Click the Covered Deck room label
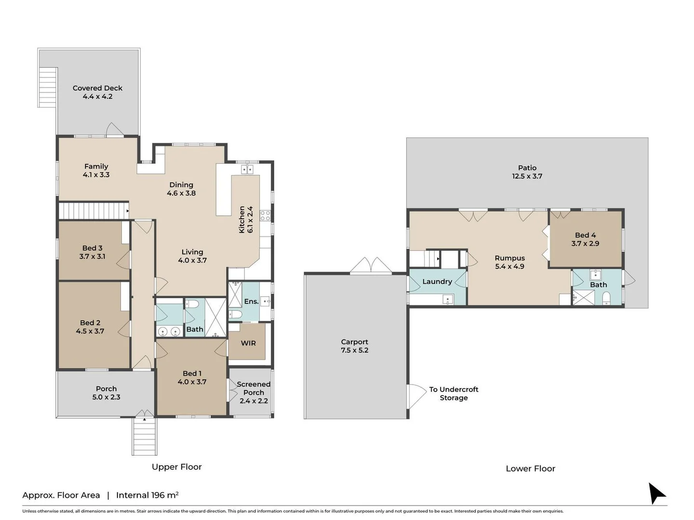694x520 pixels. click(97, 88)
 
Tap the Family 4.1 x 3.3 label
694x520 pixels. click(96, 170)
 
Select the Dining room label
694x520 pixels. click(181, 185)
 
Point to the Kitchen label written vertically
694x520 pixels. click(242, 220)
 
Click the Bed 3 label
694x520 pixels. click(93, 248)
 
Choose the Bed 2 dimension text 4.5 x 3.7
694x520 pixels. click(90, 331)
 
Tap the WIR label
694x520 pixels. click(248, 343)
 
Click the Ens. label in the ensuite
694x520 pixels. click(252, 301)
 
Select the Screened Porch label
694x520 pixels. click(254, 389)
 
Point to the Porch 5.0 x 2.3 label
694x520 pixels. click(106, 393)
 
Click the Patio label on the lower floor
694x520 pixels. click(527, 168)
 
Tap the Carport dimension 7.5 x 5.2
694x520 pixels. click(354, 350)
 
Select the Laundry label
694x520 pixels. click(437, 282)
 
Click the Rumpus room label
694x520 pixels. click(510, 258)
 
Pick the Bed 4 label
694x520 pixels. click(585, 235)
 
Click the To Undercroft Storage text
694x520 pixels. click(454, 393)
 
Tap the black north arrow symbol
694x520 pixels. click(656, 493)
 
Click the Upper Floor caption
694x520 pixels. click(177, 467)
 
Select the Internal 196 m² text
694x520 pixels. click(147, 495)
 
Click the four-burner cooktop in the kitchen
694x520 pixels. click(265, 216)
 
